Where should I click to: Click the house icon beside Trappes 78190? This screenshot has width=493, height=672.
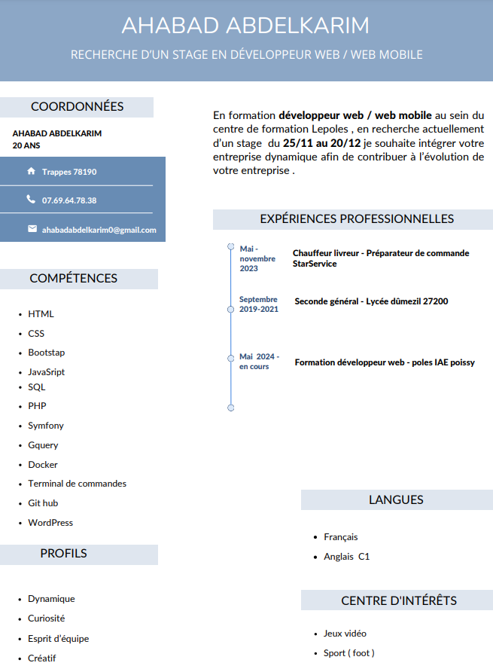click(x=31, y=172)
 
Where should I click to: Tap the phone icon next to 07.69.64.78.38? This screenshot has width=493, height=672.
click(x=31, y=200)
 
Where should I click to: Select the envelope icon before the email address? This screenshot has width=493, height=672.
click(x=32, y=229)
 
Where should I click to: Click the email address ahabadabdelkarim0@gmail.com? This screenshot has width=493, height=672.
click(x=99, y=230)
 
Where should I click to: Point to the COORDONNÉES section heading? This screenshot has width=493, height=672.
click(x=77, y=107)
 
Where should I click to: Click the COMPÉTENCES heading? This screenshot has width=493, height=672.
click(x=74, y=279)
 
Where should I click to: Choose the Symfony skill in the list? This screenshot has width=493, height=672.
click(x=46, y=426)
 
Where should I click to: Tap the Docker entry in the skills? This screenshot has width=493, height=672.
click(x=43, y=465)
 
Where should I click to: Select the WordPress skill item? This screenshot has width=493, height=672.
click(x=50, y=523)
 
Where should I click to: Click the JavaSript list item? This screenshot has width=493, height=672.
click(x=47, y=372)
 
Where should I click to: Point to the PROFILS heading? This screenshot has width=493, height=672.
click(x=64, y=554)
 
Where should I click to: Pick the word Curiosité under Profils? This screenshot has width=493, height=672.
click(x=47, y=619)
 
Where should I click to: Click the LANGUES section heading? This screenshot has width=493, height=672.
click(x=396, y=500)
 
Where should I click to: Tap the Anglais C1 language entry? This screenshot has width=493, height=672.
click(x=346, y=557)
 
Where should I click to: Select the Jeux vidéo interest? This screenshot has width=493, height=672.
click(x=345, y=634)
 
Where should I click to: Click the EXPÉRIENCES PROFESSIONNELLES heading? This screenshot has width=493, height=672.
click(x=357, y=219)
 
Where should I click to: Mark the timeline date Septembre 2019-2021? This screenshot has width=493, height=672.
click(x=258, y=304)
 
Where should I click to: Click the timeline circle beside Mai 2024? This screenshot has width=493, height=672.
click(x=231, y=357)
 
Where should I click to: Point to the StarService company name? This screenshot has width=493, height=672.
click(x=315, y=264)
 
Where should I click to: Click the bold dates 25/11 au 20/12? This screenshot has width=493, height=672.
click(x=322, y=143)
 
